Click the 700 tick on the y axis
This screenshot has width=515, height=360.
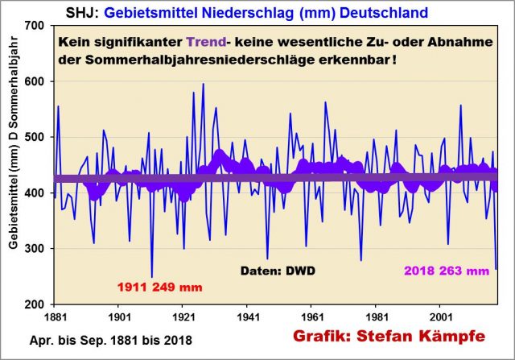click(x=34, y=25)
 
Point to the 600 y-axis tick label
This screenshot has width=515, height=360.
click(x=34, y=81)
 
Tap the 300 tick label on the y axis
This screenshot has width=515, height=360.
click(x=34, y=249)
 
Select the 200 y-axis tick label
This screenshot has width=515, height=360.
click(x=34, y=304)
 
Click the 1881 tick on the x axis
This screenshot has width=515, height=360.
click(x=55, y=317)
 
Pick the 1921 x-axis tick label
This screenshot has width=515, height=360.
click(x=183, y=317)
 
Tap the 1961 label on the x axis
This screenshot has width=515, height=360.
click(x=312, y=317)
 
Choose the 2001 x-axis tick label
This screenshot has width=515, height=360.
click(x=441, y=317)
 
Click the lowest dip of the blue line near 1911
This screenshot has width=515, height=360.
click(x=152, y=277)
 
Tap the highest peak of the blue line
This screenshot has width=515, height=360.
click(x=203, y=84)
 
